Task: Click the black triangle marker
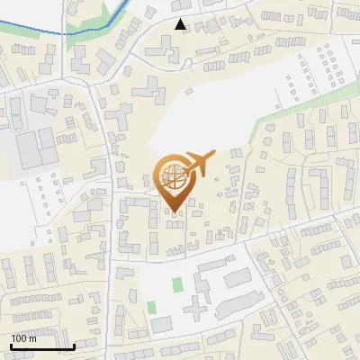pyautogui.click(x=181, y=24)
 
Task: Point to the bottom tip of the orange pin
pyautogui.click(x=175, y=213)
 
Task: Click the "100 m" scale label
pyautogui.click(x=23, y=338)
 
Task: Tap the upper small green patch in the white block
pyautogui.click(x=176, y=285)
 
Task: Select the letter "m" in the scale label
pyautogui.click(x=31, y=338)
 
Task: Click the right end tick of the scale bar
pyautogui.click(x=74, y=346)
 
